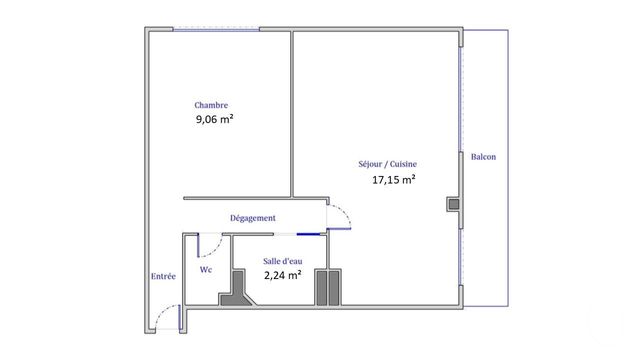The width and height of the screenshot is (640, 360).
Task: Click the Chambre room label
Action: tap(211, 105)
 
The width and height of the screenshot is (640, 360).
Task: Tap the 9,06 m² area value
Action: tap(215, 119)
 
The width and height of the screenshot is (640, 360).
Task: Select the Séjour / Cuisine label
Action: tap(387, 165)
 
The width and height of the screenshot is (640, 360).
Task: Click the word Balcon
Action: tap(483, 157)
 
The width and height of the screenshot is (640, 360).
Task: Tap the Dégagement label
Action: tap(253, 218)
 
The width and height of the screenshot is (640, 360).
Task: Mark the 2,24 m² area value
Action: tap(282, 275)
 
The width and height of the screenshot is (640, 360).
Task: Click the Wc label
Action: tap(206, 269)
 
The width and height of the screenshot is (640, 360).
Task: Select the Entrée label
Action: tap(163, 277)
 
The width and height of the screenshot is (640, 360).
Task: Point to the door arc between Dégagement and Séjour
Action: tap(343, 215)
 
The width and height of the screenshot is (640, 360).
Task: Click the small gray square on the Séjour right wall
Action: tap(454, 205)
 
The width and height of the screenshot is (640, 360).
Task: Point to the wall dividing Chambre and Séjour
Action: tap(291, 110)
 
